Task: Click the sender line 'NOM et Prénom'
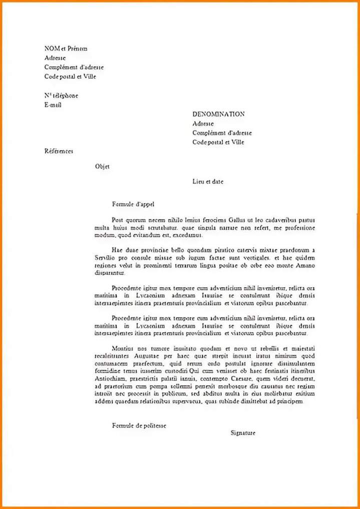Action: [x=66, y=49]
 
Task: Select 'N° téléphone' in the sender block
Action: [x=61, y=95]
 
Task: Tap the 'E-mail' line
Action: [x=53, y=105]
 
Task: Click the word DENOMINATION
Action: [x=218, y=114]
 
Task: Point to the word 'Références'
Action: [x=59, y=151]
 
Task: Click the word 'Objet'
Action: [x=102, y=167]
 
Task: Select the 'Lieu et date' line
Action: [x=208, y=182]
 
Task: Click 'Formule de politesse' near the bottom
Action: [x=139, y=425]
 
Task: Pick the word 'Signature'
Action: [x=243, y=433]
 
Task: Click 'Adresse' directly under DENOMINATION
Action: [x=203, y=124]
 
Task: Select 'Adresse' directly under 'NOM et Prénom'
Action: [x=55, y=58]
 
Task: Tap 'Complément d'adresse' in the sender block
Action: [x=74, y=67]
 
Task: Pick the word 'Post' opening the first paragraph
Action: [x=117, y=220]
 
